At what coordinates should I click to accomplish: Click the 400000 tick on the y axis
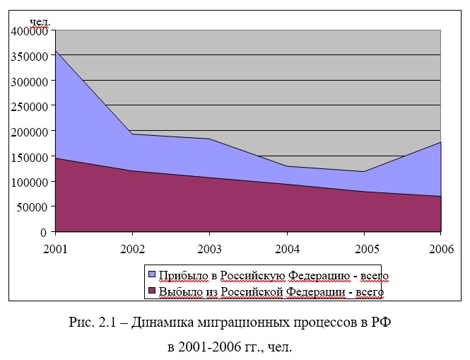[x=29, y=30]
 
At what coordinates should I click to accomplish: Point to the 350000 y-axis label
[x=29, y=56]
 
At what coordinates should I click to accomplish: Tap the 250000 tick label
[x=29, y=106]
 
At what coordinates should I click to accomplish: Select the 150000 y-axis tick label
[x=29, y=156]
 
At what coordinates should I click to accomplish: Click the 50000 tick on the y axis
[x=32, y=207]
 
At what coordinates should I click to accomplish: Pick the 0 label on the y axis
[x=43, y=232]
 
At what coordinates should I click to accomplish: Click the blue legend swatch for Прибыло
[x=152, y=274]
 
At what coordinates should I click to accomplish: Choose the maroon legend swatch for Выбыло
[x=152, y=290]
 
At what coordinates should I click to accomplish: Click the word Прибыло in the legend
[x=180, y=274]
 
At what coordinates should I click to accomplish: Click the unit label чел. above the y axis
[x=40, y=22]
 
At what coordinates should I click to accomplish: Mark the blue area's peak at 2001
[x=55, y=52]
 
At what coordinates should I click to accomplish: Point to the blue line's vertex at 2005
[x=364, y=171]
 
